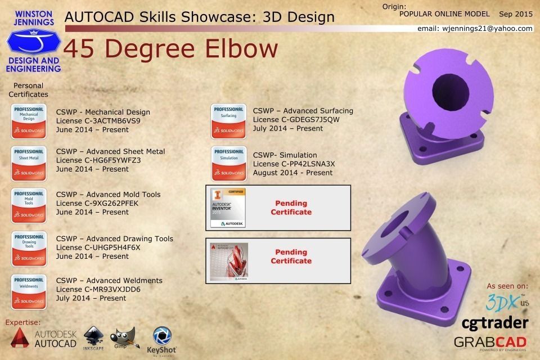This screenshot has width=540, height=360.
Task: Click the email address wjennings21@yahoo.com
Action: [475, 28]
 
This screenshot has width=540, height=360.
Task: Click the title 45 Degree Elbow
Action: [171, 49]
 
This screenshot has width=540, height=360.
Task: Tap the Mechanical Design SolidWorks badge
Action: [29, 120]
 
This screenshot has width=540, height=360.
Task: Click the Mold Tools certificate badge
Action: [29, 205]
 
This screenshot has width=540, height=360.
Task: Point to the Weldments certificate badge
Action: [29, 290]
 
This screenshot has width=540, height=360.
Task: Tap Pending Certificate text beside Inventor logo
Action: [291, 208]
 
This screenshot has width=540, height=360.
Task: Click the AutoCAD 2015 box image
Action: [228, 262]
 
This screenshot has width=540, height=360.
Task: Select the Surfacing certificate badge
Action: [228, 120]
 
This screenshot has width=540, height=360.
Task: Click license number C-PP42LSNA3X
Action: [294, 164]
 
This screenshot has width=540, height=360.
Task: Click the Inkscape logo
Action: [94, 340]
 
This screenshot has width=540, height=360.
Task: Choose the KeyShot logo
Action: [161, 340]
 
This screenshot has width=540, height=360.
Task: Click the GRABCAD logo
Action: [490, 343]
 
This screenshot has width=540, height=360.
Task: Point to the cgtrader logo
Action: [494, 322]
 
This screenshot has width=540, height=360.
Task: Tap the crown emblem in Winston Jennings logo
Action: [34, 42]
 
